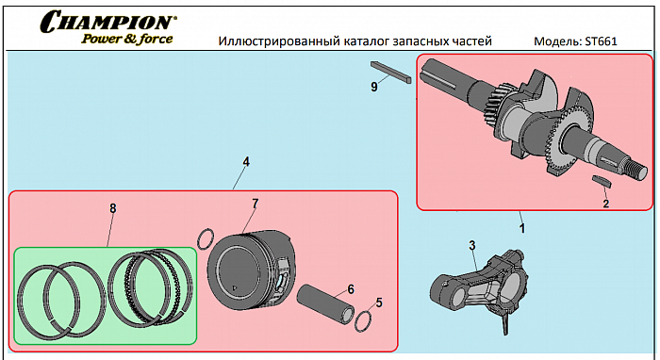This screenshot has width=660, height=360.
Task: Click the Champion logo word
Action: tap(108, 22)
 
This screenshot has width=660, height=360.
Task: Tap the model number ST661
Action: tap(601, 41)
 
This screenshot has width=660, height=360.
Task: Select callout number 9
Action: tap(374, 87)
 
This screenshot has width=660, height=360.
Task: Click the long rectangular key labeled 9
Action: tap(390, 73)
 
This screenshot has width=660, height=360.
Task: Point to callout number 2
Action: tap(605, 204)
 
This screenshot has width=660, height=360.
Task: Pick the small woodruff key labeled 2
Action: tap(602, 180)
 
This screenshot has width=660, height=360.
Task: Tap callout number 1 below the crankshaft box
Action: tap(522, 228)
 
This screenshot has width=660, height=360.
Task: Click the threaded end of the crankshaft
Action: tap(635, 172)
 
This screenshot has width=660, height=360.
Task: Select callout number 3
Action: tap(472, 245)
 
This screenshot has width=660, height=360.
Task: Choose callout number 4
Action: tap(246, 161)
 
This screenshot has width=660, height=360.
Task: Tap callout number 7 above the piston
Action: tap(256, 204)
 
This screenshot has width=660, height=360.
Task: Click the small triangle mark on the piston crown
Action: tap(235, 288)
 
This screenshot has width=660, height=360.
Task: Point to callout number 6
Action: tap(351, 289)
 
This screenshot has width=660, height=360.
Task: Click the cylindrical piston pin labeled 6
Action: tap(326, 302)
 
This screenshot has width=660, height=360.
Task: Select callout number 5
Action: tap(379, 303)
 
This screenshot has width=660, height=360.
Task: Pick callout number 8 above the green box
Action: tap(113, 208)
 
